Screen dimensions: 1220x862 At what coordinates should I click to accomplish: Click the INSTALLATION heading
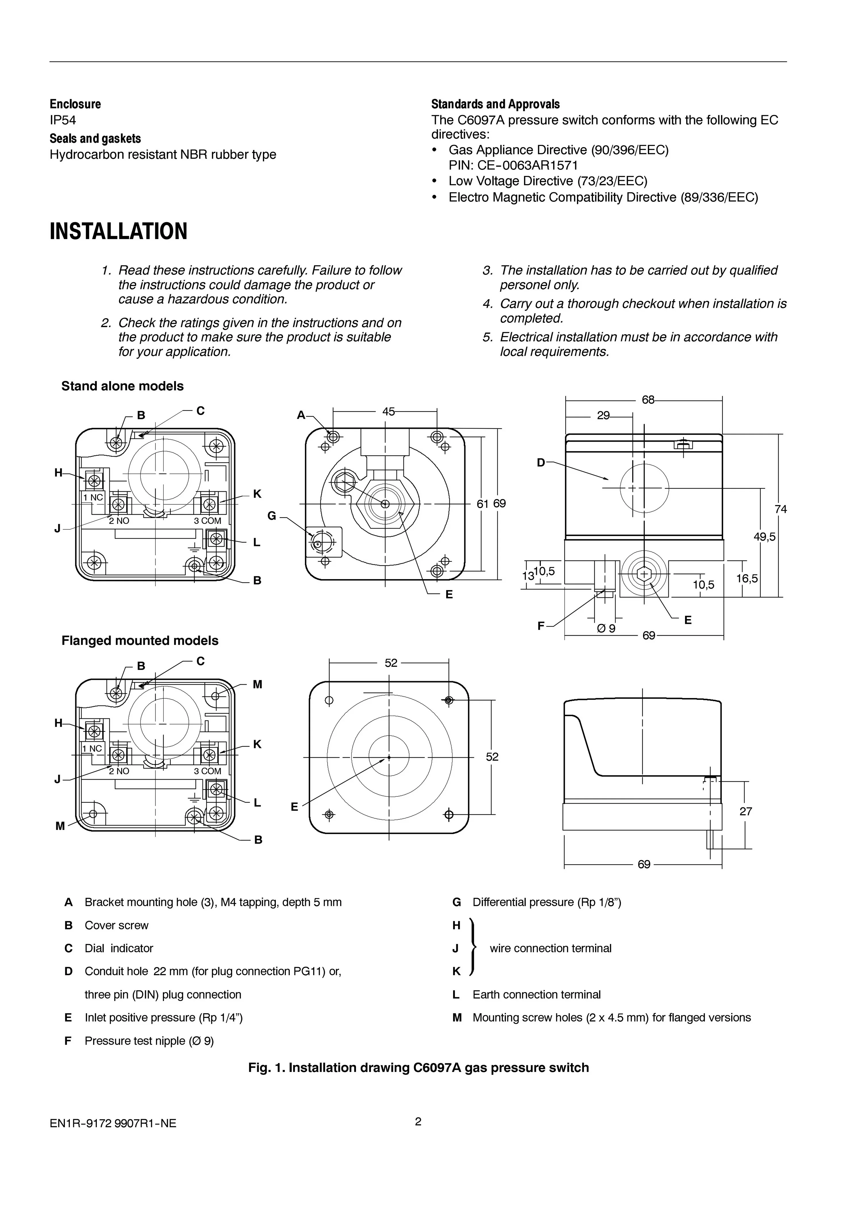(x=118, y=232)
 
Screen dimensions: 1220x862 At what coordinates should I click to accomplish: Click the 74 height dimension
(x=780, y=509)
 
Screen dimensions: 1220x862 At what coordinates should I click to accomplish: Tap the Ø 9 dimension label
(x=606, y=629)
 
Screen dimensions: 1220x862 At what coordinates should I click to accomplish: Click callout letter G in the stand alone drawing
(x=272, y=515)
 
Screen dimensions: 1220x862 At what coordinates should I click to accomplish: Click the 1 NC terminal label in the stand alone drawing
(x=93, y=498)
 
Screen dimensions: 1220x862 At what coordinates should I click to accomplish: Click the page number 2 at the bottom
(x=418, y=1122)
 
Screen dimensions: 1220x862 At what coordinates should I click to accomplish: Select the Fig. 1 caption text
(x=419, y=1068)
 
